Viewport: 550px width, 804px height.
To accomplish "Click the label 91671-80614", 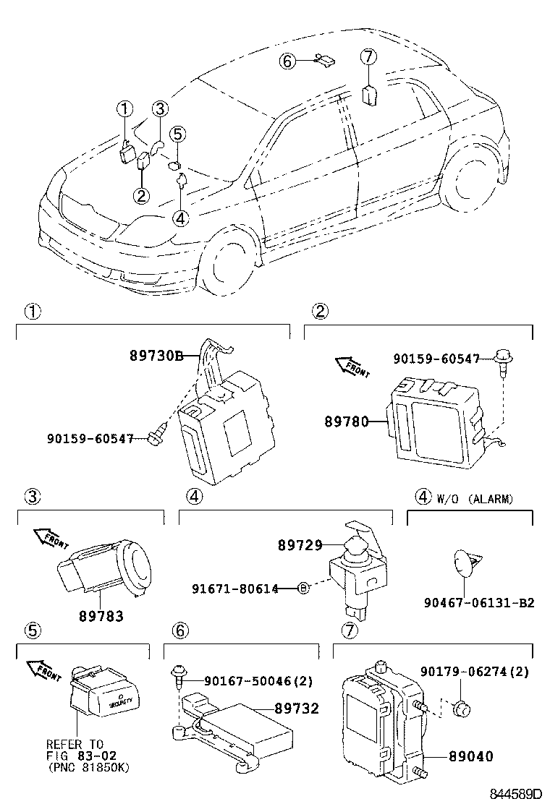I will tap(244, 589).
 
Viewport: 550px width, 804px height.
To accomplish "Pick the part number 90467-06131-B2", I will tap(479, 602).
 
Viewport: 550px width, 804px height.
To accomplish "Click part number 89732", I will tap(297, 709).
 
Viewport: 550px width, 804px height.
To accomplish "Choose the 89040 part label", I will tap(470, 756).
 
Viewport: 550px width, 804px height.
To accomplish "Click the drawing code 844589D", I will tap(515, 794).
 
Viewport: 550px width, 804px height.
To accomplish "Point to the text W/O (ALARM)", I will tap(475, 499).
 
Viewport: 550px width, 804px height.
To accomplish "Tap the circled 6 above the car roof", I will tap(288, 61).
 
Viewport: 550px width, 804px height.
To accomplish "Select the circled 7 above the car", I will tap(368, 56).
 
